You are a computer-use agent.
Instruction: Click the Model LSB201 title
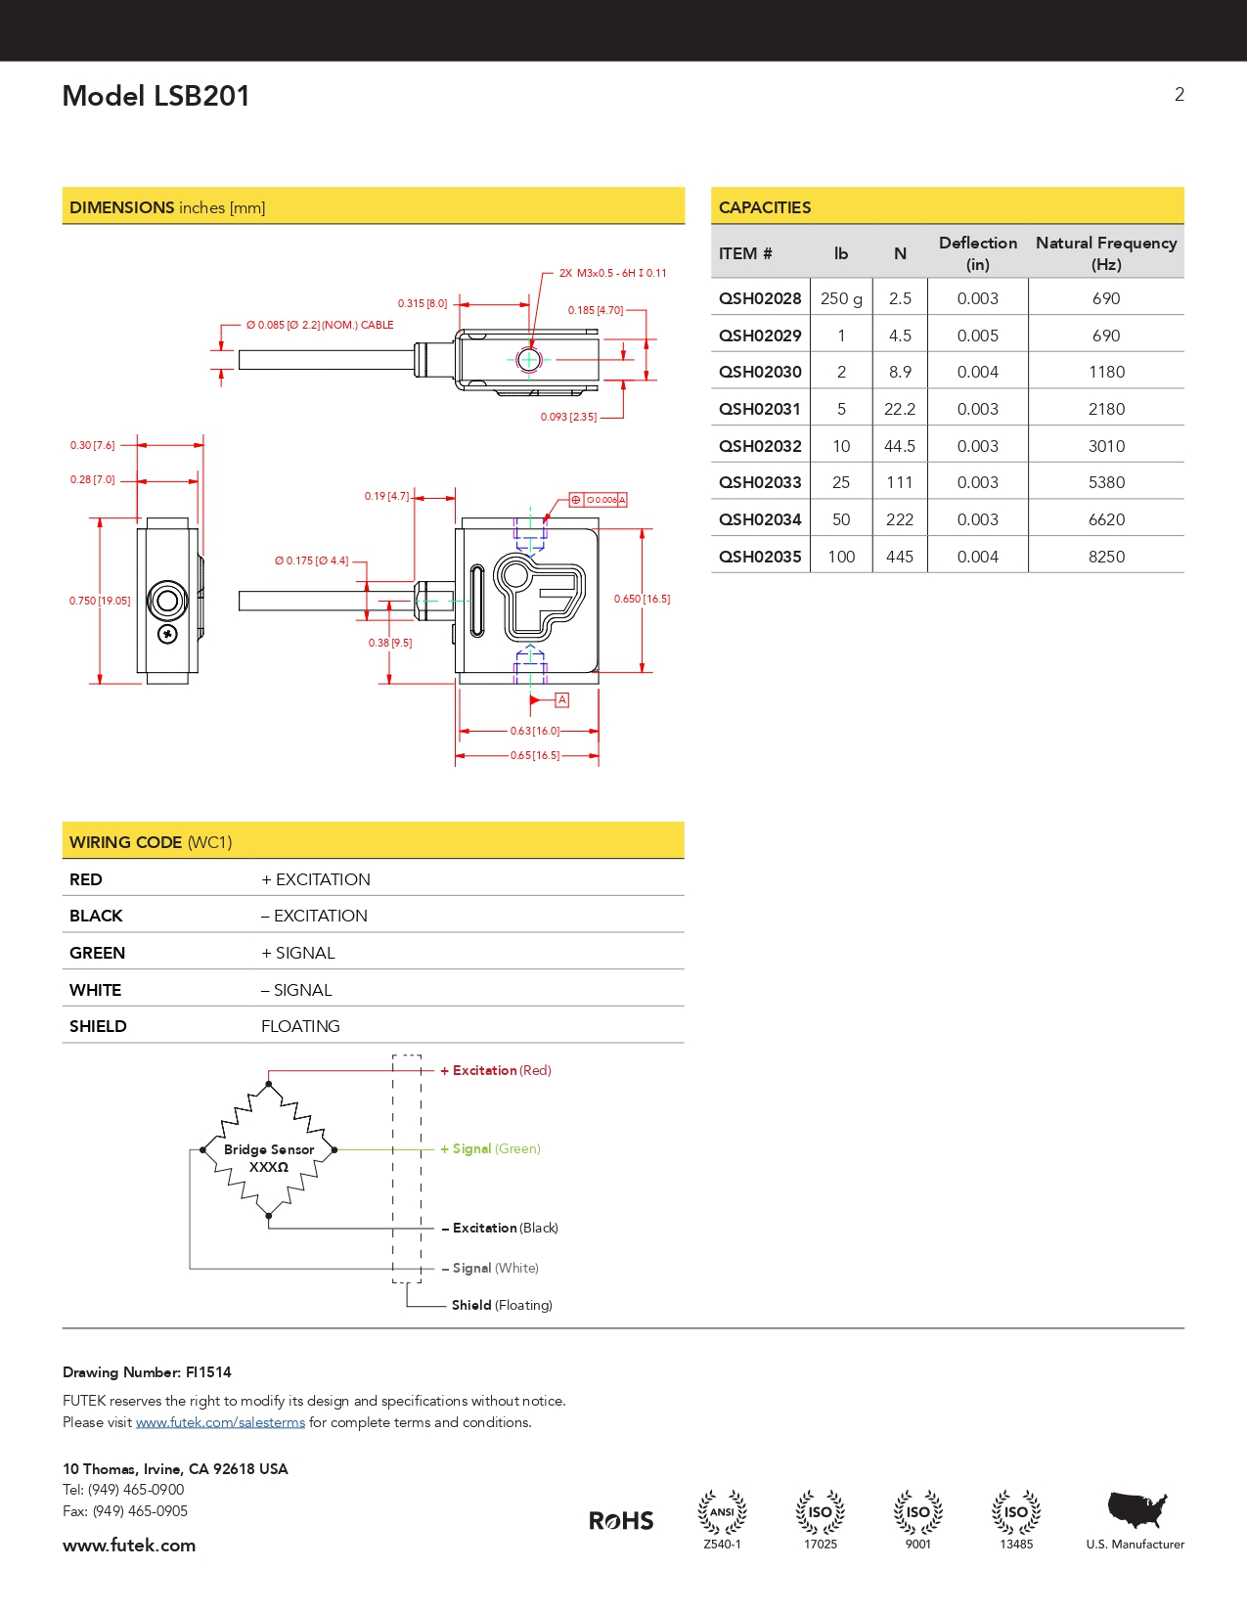tap(156, 96)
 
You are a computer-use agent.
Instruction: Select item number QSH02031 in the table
tap(760, 409)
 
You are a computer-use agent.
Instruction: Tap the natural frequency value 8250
tap(1106, 557)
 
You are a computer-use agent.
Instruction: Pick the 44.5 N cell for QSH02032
tap(899, 446)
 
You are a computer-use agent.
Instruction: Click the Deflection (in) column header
tap(977, 253)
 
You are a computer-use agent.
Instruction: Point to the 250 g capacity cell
tap(841, 298)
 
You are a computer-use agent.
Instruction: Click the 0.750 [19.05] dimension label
tap(99, 601)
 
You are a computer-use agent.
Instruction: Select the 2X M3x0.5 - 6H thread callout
tap(612, 273)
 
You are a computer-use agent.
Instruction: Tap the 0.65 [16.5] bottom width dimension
tap(534, 755)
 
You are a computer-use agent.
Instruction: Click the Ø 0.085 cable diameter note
tap(319, 325)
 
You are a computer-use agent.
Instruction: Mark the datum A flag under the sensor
tap(561, 699)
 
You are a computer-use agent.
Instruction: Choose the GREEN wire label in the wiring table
tap(97, 953)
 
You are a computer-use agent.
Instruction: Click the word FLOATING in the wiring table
tap(300, 1026)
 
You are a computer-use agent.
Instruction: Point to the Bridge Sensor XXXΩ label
tap(269, 1158)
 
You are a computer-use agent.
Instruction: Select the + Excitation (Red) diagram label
tap(496, 1070)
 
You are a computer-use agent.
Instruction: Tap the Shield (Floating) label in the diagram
tap(502, 1305)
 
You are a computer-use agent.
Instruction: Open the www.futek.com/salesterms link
tap(220, 1422)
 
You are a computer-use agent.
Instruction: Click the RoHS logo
tap(621, 1520)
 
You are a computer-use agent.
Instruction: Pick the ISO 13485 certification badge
tap(1016, 1518)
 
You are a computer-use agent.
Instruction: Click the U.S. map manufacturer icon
tap(1136, 1510)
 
